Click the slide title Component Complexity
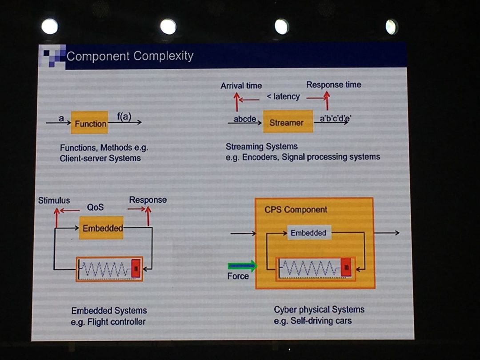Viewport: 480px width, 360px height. tap(130, 56)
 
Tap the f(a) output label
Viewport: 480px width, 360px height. tap(124, 116)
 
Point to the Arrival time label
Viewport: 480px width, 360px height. tap(241, 85)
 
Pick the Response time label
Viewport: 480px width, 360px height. tap(333, 84)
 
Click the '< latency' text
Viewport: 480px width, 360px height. tap(283, 96)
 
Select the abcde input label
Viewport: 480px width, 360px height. tap(245, 119)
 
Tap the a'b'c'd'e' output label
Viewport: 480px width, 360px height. tap(336, 118)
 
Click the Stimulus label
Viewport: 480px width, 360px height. tap(54, 200)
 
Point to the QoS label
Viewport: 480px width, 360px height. tap(96, 207)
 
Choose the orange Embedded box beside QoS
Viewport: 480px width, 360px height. tap(102, 228)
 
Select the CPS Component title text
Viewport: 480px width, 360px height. tap(296, 209)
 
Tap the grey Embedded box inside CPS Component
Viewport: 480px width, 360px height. tap(308, 232)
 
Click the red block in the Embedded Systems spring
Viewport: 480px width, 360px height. tap(136, 268)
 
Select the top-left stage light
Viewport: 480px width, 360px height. tap(50, 26)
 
